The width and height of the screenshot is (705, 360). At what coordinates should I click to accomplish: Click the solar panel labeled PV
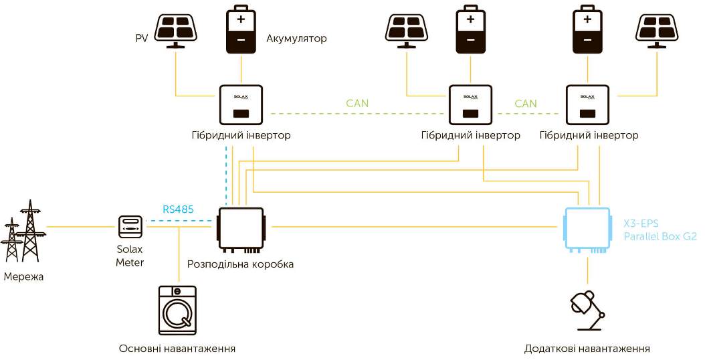click(176, 30)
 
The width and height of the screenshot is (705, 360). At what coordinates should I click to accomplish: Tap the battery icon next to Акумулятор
click(241, 29)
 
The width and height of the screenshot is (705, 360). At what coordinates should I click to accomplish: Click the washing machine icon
click(178, 310)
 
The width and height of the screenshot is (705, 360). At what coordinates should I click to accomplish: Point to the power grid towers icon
click(23, 231)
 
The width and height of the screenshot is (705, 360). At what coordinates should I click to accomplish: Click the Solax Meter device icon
click(130, 226)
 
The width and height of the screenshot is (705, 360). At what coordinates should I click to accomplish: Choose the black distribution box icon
click(241, 228)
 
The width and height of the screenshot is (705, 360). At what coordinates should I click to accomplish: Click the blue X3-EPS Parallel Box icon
click(587, 228)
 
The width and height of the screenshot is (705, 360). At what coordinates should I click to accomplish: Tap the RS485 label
click(178, 209)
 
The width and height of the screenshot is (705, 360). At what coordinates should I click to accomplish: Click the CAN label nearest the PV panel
click(357, 104)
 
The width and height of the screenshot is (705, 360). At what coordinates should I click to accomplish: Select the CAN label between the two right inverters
click(526, 104)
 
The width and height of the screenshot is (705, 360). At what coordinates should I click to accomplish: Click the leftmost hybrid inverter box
click(241, 105)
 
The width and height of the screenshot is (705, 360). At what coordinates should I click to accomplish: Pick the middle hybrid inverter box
click(470, 105)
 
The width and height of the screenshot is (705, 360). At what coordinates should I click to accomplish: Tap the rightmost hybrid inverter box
click(587, 105)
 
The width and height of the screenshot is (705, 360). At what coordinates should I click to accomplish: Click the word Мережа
click(24, 276)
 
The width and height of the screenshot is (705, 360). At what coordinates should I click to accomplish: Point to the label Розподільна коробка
click(241, 264)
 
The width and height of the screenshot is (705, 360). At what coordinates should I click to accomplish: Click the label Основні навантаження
click(177, 349)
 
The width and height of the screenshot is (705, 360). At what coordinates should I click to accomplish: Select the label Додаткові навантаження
click(587, 349)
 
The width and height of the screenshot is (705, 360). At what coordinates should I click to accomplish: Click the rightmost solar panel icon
click(658, 30)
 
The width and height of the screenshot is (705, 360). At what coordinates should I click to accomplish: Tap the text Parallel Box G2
click(660, 237)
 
